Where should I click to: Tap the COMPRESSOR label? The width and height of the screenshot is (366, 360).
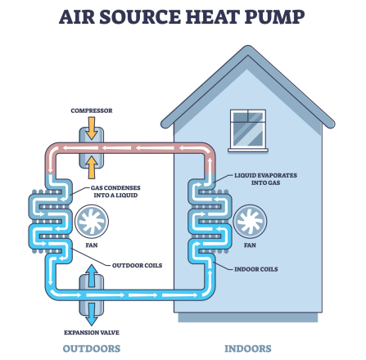click(92, 110)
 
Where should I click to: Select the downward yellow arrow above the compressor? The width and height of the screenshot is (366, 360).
click(92, 128)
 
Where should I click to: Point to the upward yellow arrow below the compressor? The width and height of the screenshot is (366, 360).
click(92, 167)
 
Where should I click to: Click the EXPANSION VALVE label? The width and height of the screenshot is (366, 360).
click(92, 333)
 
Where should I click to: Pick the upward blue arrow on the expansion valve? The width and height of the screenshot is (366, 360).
click(92, 276)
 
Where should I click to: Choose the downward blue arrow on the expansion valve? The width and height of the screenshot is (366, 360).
click(92, 314)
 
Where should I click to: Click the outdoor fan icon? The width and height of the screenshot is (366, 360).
click(92, 222)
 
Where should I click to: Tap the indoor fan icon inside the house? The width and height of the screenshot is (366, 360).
click(250, 222)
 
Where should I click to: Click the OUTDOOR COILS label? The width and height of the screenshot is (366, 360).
click(138, 265)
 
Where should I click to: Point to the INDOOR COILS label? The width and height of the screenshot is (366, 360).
click(256, 269)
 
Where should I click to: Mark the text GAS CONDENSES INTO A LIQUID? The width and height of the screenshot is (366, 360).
click(115, 191)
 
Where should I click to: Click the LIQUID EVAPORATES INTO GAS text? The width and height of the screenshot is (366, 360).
click(265, 179)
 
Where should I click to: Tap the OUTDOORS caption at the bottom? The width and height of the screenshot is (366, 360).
click(92, 349)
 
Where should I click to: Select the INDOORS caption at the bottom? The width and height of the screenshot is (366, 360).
click(248, 349)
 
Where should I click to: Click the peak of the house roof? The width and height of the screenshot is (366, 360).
click(248, 46)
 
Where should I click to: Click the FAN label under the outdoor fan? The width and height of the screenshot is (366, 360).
click(92, 245)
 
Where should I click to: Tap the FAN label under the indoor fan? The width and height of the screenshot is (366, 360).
click(250, 245)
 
